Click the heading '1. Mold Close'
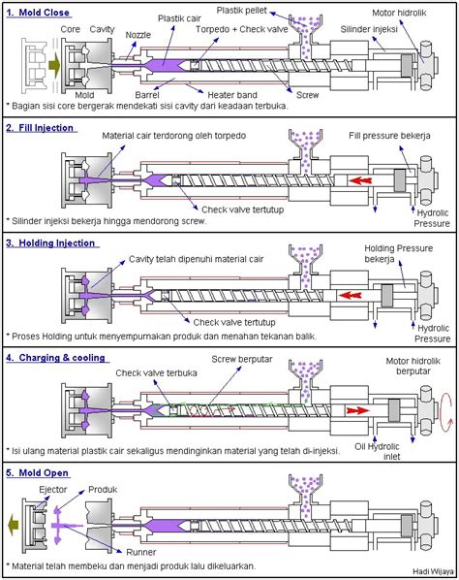[x=38, y=13]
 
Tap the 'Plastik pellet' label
[x=241, y=11]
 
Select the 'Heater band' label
[x=232, y=95]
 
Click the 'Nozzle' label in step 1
[x=138, y=35]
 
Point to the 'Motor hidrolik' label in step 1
[x=399, y=13]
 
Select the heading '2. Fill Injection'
[x=40, y=128]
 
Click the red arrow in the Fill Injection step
[x=360, y=180]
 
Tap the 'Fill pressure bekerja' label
[x=389, y=136]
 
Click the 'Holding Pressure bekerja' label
[x=398, y=253]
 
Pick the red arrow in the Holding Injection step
[x=351, y=296]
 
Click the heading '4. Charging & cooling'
[x=56, y=358]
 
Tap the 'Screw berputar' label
[x=242, y=359]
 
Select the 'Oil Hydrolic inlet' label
[x=378, y=451]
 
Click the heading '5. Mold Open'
[x=38, y=473]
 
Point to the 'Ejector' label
[x=53, y=490]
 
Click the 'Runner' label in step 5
[x=141, y=552]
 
